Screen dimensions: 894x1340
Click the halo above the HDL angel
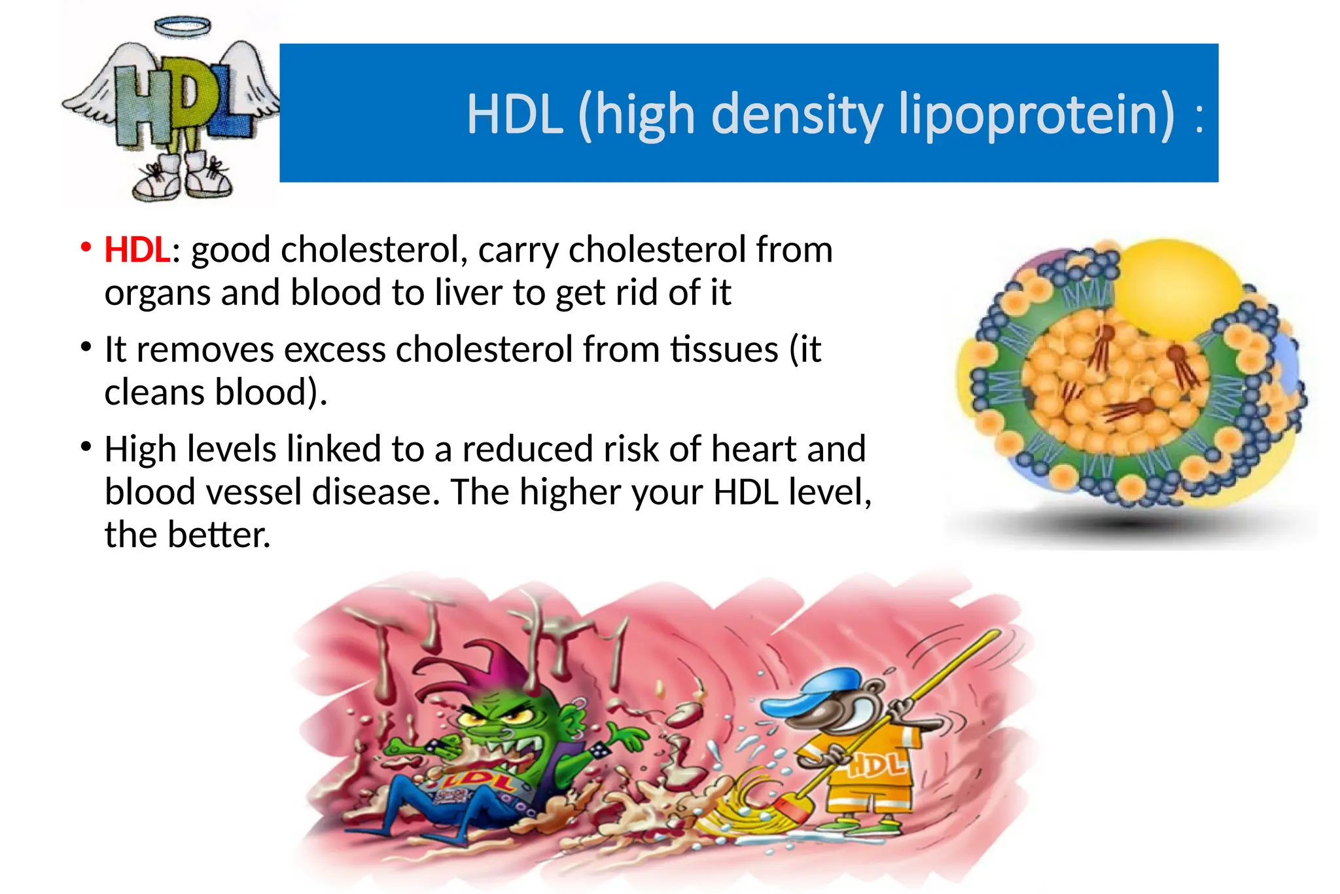tap(183, 27)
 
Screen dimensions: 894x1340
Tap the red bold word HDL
tap(137, 251)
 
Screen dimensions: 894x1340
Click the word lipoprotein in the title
tap(1037, 115)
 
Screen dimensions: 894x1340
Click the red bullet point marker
tap(85, 247)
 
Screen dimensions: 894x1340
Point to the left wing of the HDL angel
tap(98, 92)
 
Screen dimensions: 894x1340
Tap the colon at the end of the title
tap(1199, 118)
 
